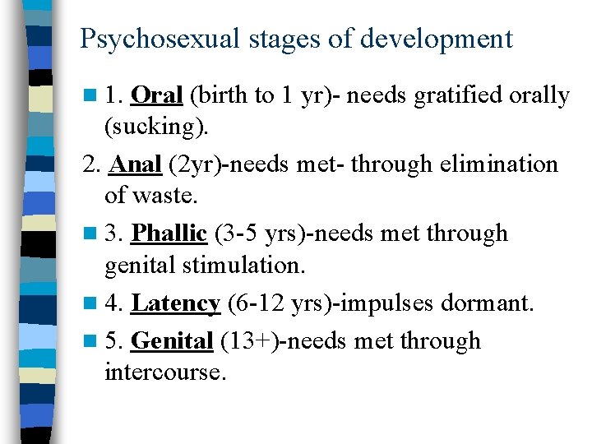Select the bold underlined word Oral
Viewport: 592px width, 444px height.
(x=156, y=95)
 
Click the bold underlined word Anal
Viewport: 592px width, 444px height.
(x=135, y=164)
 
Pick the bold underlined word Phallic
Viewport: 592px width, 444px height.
(x=169, y=234)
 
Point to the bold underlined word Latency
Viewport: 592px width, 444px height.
(x=175, y=304)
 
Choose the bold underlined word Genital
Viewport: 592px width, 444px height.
(x=172, y=340)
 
